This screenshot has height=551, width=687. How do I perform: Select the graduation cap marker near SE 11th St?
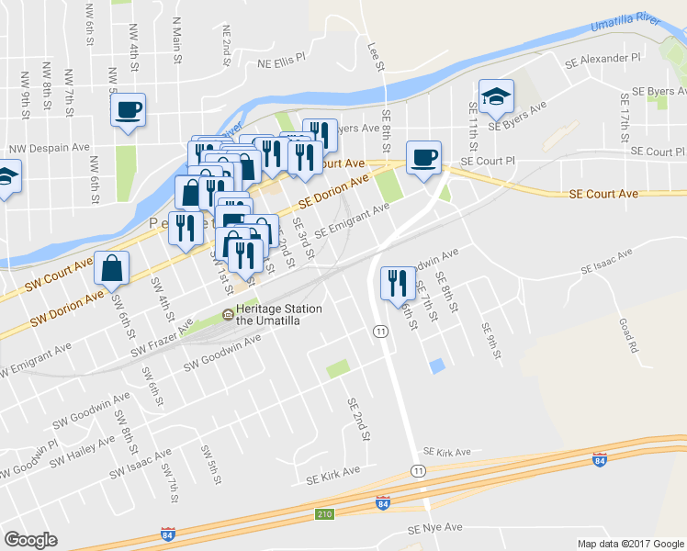[x=496, y=96]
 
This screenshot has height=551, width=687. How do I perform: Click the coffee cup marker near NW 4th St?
[x=129, y=111]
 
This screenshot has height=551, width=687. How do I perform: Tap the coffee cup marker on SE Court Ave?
[x=423, y=157]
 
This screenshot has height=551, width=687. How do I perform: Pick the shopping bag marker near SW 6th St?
[x=111, y=268]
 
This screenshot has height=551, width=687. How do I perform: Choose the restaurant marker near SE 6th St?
[x=398, y=282]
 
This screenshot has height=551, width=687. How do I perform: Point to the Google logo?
[x=30, y=540]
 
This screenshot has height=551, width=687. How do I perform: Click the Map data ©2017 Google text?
[x=630, y=544]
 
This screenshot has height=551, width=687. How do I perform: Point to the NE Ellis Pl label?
[x=280, y=62]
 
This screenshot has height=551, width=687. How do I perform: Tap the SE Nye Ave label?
[x=439, y=530]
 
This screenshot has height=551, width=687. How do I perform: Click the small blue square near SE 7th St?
[x=437, y=365]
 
